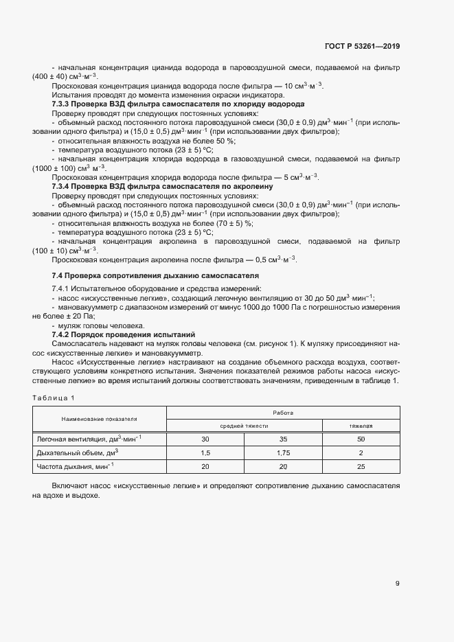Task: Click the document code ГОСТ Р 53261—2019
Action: tap(363, 47)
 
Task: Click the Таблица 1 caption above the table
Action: tap(54, 398)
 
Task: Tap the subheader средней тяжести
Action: tap(244, 426)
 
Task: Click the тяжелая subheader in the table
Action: tap(361, 426)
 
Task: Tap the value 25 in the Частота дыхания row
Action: tap(361, 467)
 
